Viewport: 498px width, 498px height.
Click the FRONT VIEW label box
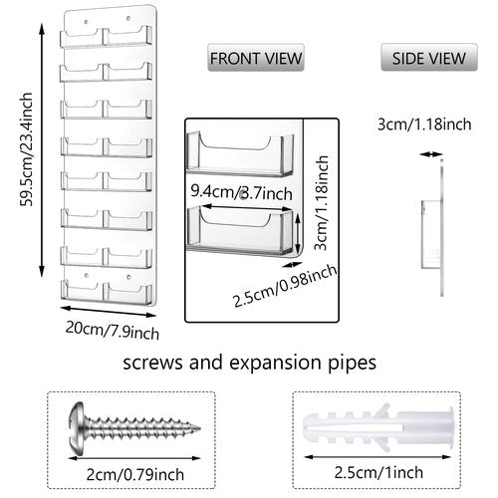(x=256, y=59)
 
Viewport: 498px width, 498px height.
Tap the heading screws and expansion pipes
(x=249, y=364)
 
